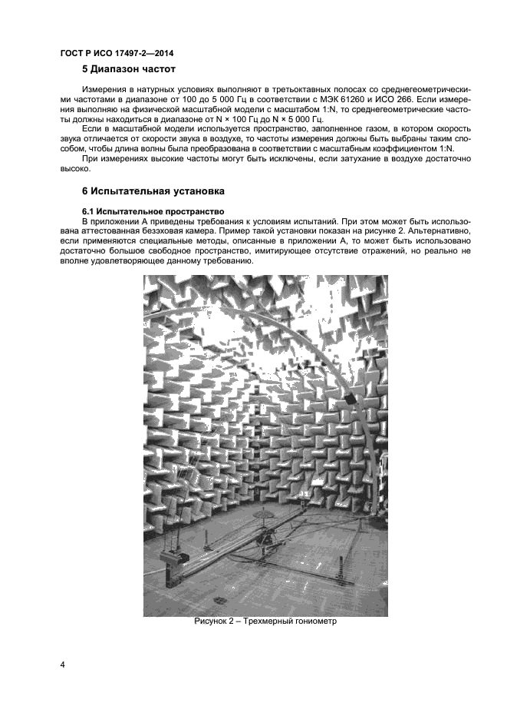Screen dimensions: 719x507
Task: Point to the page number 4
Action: [x=62, y=663]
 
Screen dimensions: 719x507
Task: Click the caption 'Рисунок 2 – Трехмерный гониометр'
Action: [x=265, y=621]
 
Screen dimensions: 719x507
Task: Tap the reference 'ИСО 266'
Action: [x=420, y=101]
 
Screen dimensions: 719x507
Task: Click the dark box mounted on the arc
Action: [x=350, y=400]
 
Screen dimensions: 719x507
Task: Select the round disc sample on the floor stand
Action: [x=267, y=515]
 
